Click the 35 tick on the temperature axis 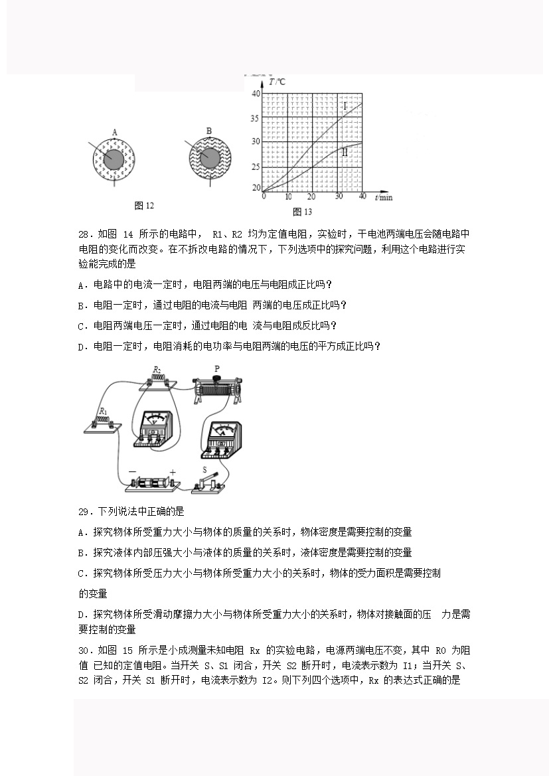(x=256, y=118)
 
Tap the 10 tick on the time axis (x=288, y=197)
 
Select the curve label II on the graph (x=345, y=152)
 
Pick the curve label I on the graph (x=345, y=106)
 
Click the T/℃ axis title (x=277, y=82)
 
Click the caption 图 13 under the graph (x=302, y=212)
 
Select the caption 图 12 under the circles (x=144, y=206)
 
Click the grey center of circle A (x=114, y=160)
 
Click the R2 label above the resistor (x=157, y=369)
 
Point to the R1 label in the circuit (x=103, y=412)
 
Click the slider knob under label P (x=216, y=380)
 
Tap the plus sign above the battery (x=173, y=473)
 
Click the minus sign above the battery (x=132, y=473)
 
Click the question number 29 (x=84, y=512)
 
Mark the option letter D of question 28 (x=81, y=346)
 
